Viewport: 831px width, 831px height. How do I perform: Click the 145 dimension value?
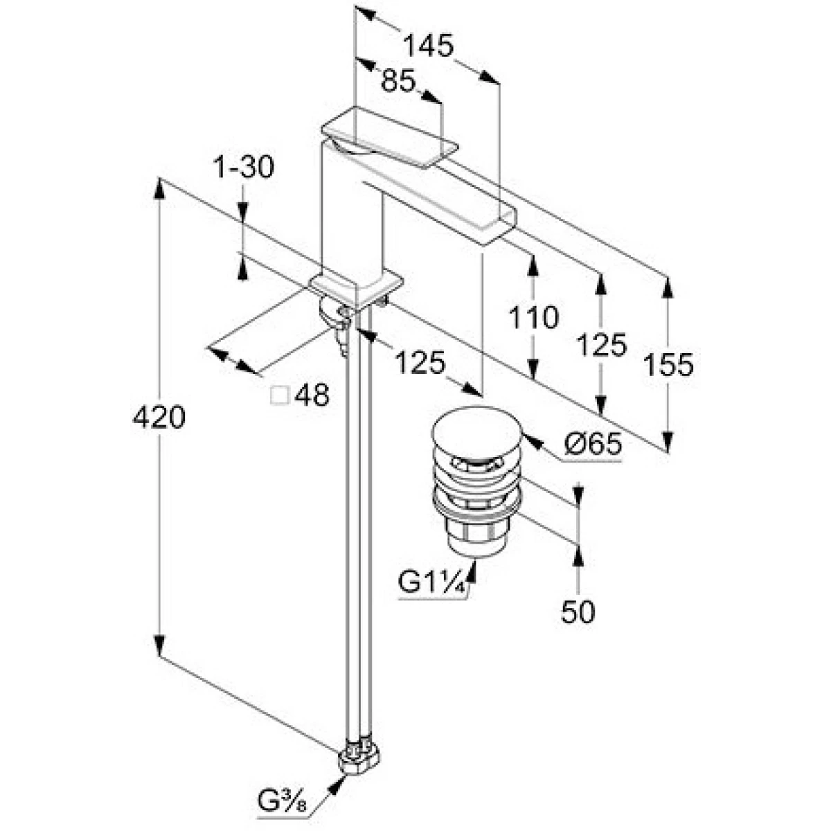[429, 46]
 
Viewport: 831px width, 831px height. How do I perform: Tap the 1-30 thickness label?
[243, 167]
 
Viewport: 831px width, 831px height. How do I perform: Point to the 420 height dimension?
[159, 417]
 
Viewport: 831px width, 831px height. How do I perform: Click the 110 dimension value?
[533, 318]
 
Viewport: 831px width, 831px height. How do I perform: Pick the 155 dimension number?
[668, 364]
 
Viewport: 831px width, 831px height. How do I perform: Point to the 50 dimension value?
[578, 611]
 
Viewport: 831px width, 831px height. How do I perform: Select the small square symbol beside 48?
[280, 395]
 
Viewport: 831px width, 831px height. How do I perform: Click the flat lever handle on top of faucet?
[390, 138]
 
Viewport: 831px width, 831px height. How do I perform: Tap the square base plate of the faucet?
[357, 285]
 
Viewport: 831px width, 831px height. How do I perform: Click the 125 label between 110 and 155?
[601, 344]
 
